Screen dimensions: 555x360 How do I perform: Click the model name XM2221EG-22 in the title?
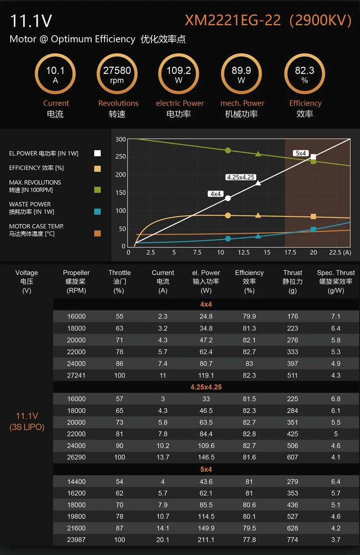click(233, 20)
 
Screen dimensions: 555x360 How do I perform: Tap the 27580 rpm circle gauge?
click(117, 74)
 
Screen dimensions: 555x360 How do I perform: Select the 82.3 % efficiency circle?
click(304, 74)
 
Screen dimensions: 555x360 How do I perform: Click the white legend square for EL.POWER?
click(98, 153)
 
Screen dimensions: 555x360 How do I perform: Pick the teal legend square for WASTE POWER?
click(98, 211)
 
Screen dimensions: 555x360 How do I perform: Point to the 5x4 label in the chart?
click(301, 153)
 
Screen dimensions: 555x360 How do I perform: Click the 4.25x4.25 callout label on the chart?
click(240, 177)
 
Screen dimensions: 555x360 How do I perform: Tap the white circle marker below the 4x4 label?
click(228, 198)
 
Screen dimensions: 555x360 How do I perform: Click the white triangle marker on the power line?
click(258, 183)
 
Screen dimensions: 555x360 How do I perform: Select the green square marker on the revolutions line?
click(313, 161)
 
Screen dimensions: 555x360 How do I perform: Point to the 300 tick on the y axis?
click(121, 140)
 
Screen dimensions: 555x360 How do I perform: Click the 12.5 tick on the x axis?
click(243, 253)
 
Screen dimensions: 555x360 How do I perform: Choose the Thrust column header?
click(293, 281)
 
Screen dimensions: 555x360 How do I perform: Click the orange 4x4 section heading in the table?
click(206, 304)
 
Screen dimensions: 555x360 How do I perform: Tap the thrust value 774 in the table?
click(293, 540)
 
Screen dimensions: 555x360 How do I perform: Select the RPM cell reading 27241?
click(76, 375)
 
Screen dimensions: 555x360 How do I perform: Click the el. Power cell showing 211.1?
click(206, 540)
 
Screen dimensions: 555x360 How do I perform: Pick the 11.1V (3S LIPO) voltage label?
click(27, 421)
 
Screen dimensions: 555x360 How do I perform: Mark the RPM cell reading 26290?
click(76, 457)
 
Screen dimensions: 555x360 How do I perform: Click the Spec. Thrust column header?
click(336, 281)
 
